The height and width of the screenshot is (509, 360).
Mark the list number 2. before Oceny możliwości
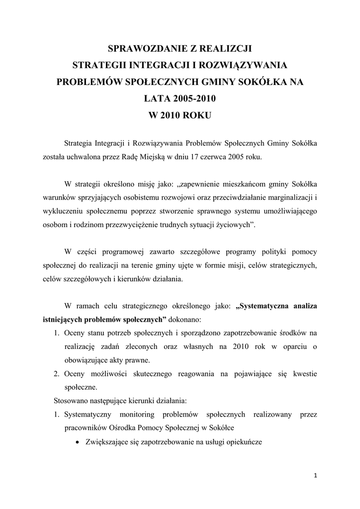57,373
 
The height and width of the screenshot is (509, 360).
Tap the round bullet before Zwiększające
78,441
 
